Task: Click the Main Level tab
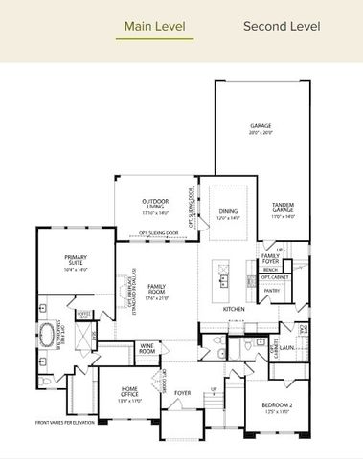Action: point(154,27)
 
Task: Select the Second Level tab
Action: point(282,27)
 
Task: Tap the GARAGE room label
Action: point(261,125)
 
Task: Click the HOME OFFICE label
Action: point(129,389)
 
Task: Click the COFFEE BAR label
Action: point(83,312)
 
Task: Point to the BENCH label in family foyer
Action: point(270,270)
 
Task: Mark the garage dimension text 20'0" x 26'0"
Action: point(261,133)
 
